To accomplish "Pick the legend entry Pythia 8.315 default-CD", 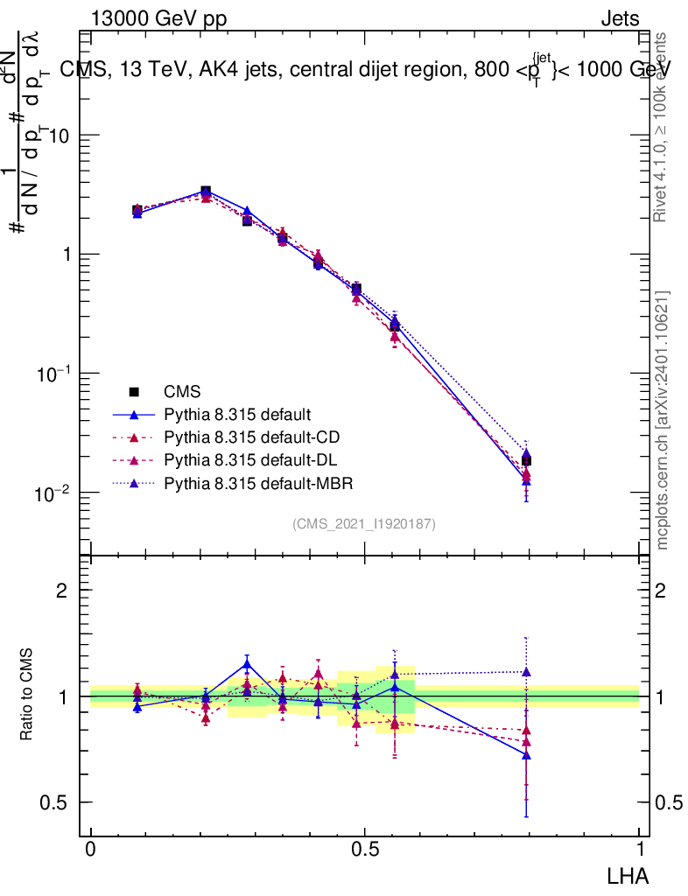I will click(249, 437).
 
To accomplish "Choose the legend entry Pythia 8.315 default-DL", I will click(249, 459).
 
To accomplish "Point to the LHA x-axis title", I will click(629, 874).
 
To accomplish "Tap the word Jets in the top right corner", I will click(620, 18).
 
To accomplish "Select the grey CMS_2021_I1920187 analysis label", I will click(364, 523).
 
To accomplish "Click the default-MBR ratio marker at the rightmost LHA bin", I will click(526, 672).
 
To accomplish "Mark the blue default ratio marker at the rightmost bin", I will click(526, 754).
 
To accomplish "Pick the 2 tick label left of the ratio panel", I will click(62, 591).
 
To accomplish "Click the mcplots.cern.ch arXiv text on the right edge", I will click(663, 420).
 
